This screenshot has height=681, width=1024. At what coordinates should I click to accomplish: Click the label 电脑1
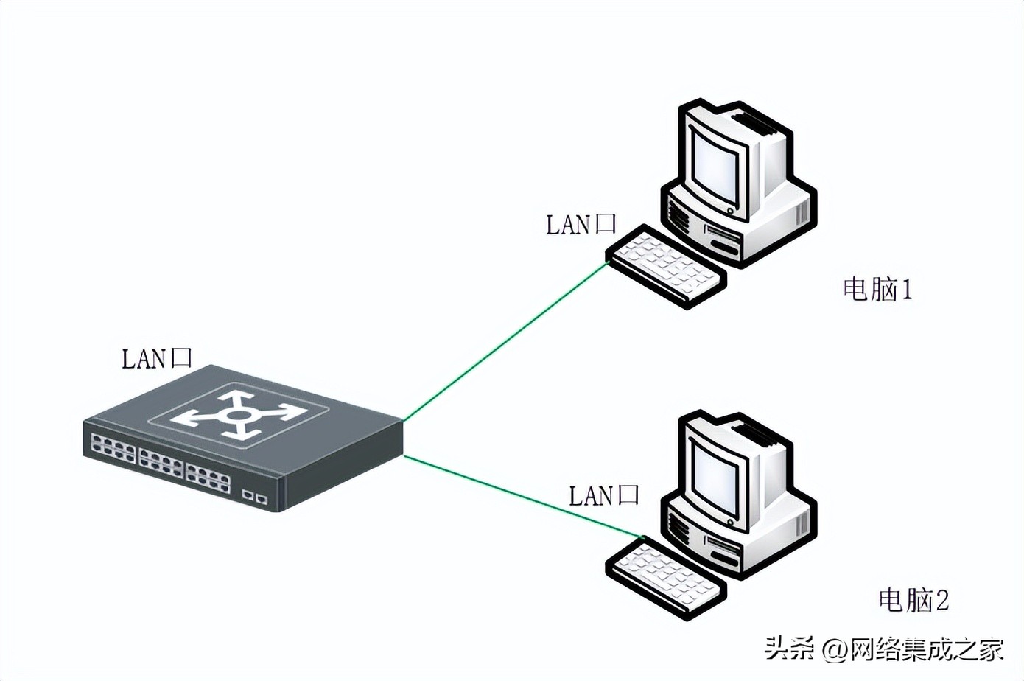(x=877, y=289)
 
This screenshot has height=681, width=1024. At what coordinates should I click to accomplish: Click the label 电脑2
(x=913, y=600)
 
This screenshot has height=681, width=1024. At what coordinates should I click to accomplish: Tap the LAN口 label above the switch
(x=156, y=358)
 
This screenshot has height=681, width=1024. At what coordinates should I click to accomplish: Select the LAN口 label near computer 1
(x=581, y=225)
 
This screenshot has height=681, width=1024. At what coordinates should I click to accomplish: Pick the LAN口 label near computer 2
(x=604, y=495)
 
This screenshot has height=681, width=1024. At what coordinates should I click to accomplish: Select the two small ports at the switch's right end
(x=255, y=497)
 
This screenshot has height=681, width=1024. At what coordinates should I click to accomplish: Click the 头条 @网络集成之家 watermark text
(x=884, y=649)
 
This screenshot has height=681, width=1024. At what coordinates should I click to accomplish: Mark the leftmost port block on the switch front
(x=112, y=448)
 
